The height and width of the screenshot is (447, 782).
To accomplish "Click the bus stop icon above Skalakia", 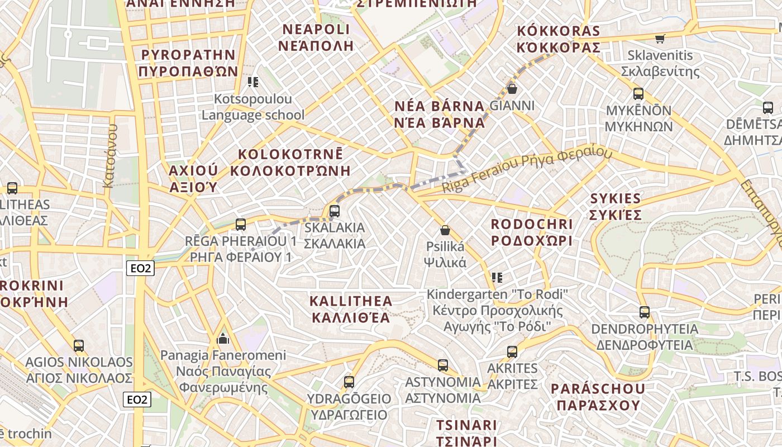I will [x=335, y=211].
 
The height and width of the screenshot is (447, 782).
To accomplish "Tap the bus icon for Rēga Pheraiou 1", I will [x=241, y=225].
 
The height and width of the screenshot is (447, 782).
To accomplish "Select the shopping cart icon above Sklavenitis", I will [x=660, y=39].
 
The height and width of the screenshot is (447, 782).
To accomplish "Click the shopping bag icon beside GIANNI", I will [x=512, y=89].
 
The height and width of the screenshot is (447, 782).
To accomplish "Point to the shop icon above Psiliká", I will [x=445, y=230].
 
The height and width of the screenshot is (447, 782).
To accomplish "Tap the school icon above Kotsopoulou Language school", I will [x=253, y=83].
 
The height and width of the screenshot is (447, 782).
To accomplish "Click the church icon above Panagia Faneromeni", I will [x=223, y=339].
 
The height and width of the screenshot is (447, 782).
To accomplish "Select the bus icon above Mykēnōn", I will [x=638, y=94].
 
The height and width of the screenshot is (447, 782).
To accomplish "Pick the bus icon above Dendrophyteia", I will [x=645, y=312].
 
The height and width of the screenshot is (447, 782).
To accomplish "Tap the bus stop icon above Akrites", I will [x=512, y=352].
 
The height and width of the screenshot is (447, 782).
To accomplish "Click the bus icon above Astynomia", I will [x=443, y=365].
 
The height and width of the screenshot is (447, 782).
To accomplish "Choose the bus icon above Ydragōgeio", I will [x=349, y=382].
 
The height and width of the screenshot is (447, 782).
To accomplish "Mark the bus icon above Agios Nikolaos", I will [x=79, y=346].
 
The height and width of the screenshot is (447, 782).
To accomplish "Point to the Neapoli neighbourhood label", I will [x=316, y=37].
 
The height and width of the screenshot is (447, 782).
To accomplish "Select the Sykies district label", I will [x=616, y=207].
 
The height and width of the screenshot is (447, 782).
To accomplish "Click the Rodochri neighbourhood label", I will [x=532, y=232].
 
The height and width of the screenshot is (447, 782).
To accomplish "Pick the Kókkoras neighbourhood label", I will [x=559, y=39].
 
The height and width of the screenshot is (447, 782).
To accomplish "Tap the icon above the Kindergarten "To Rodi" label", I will [x=497, y=277].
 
